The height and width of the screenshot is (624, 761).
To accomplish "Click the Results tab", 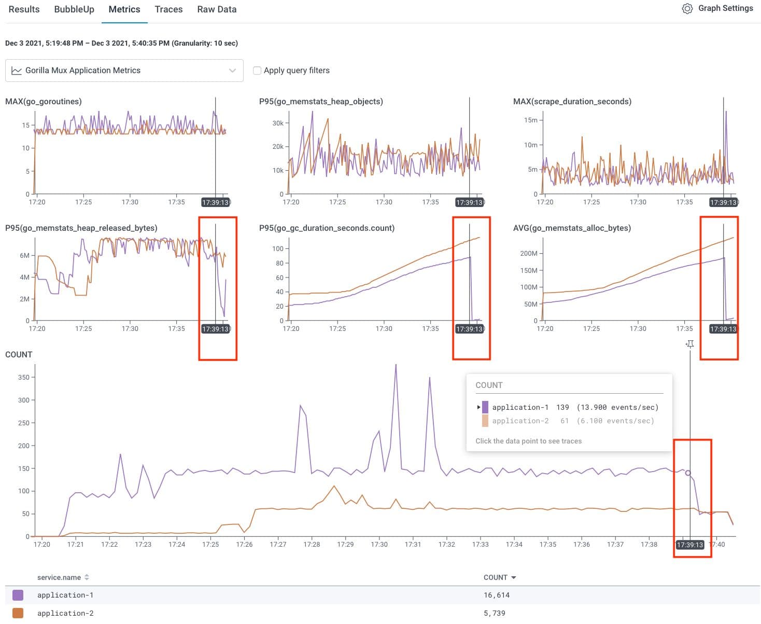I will coord(24,9).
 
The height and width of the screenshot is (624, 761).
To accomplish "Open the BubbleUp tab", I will coord(74,9).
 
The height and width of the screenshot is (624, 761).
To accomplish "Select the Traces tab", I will coord(168,9).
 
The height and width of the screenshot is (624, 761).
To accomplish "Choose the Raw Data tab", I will coord(217,9).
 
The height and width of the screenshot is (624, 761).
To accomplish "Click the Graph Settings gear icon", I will coord(687,9).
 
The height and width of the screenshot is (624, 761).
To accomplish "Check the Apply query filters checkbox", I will coord(257,71).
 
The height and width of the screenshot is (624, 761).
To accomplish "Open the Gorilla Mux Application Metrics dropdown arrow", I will coord(232,71).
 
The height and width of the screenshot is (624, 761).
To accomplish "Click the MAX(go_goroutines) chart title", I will coord(44,102).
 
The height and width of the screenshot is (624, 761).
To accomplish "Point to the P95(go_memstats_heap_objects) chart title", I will coord(321,102).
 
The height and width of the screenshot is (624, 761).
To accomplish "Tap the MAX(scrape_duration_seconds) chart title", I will coord(572,102).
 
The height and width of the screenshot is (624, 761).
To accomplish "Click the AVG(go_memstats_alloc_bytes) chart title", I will coord(572,228).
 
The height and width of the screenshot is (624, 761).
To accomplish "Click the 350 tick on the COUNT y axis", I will coord(24,377).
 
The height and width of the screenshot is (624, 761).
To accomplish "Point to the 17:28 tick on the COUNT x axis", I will coord(312,544).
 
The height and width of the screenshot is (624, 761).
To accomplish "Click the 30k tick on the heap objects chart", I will coord(278,123).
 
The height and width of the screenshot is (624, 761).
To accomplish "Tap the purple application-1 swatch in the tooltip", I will coord(485,407).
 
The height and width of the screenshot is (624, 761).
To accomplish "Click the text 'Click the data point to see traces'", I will coord(528,441).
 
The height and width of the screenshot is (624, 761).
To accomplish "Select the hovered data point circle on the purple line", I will coord(688,473).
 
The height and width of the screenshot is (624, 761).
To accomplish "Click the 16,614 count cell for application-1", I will coord(497,595).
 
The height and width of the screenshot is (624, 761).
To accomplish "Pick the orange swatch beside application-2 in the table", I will coord(18,613).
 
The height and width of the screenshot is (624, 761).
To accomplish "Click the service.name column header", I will coord(59,577).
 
